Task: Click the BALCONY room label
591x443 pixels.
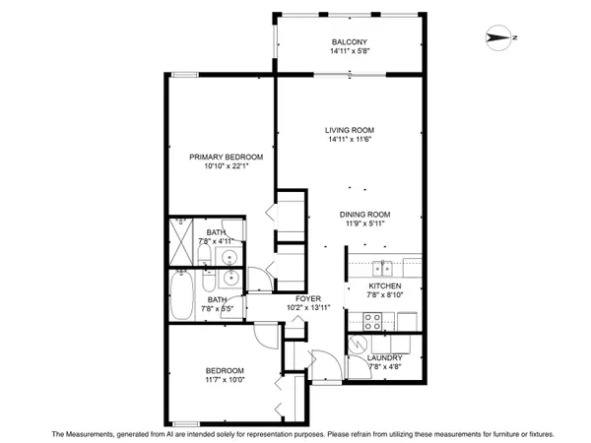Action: (350, 42)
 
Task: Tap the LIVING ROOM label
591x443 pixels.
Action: (350, 130)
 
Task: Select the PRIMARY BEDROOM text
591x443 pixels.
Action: (227, 158)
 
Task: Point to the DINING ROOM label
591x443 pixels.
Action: (364, 215)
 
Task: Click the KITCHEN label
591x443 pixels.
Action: (385, 285)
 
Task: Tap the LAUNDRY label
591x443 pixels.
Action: (385, 358)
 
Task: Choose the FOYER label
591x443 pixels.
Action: (308, 298)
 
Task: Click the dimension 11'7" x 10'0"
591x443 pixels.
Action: (225, 380)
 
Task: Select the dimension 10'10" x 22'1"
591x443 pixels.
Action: (227, 166)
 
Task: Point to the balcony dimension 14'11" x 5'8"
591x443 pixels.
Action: (350, 51)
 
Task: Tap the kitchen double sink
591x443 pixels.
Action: (382, 269)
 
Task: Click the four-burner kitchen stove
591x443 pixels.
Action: (372, 322)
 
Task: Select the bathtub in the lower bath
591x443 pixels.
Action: (181, 295)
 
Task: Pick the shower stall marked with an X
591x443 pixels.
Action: (181, 242)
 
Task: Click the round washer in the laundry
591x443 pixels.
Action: (358, 345)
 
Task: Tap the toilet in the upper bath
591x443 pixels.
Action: (205, 255)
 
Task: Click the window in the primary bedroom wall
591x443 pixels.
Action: (185, 75)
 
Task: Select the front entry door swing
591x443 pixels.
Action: (325, 365)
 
